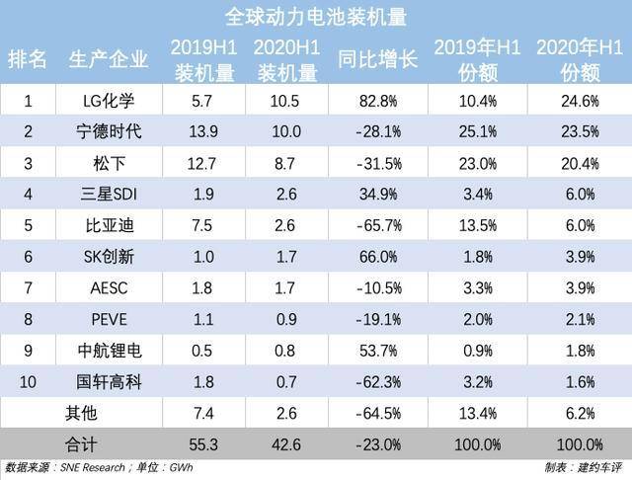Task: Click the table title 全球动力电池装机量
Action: (x=316, y=17)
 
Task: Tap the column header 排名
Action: (x=29, y=59)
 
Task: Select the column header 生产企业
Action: (x=109, y=59)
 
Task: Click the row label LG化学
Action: (x=109, y=100)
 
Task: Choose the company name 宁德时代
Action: (x=109, y=130)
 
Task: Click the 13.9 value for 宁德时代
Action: (x=201, y=130)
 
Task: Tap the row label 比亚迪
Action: (x=109, y=225)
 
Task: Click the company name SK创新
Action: (x=109, y=257)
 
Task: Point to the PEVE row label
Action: (x=109, y=319)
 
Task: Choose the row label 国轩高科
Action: (x=109, y=381)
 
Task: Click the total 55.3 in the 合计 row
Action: (x=201, y=444)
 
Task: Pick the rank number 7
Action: (x=29, y=288)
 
